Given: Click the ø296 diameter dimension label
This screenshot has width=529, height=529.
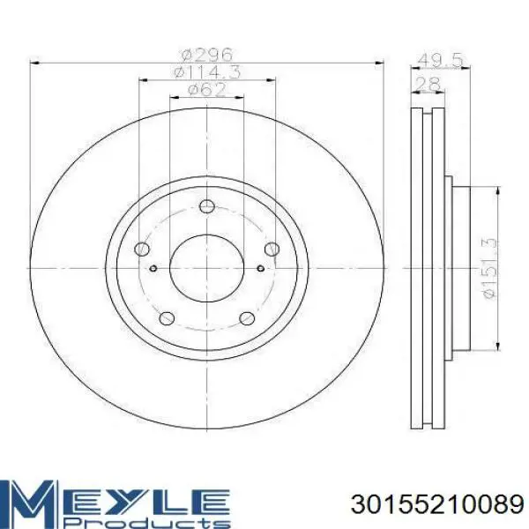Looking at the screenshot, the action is (207, 54).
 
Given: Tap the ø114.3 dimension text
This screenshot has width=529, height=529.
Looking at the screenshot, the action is (207, 72).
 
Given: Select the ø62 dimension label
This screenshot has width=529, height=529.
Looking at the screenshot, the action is (207, 90).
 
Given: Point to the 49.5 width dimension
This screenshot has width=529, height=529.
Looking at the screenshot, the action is (440, 60).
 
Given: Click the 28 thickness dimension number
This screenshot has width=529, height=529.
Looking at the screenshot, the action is (428, 84).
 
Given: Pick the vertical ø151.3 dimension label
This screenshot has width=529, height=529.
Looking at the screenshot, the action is (490, 268).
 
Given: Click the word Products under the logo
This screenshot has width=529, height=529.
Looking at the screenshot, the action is (147, 522).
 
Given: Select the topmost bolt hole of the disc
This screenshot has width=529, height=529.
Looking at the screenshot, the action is (207, 206).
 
